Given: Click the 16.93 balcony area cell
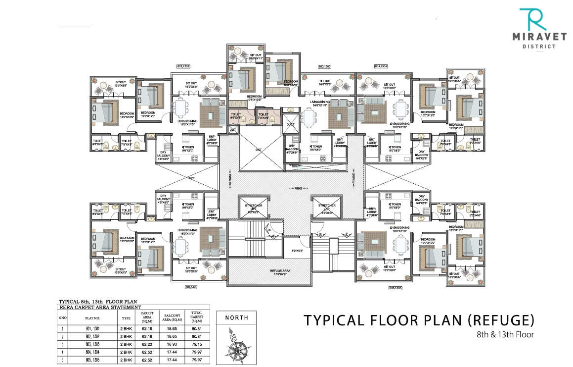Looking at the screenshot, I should [x=173, y=344].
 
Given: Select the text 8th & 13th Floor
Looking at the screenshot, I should [x=507, y=334].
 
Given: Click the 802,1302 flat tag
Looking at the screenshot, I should [x=183, y=66].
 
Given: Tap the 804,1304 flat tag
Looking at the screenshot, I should [x=382, y=66].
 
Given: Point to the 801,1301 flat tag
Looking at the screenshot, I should [x=191, y=287].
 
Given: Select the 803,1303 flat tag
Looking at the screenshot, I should [x=324, y=66].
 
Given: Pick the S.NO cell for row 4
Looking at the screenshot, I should [x=63, y=351].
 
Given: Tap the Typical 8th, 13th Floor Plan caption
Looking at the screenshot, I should [x=97, y=302].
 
